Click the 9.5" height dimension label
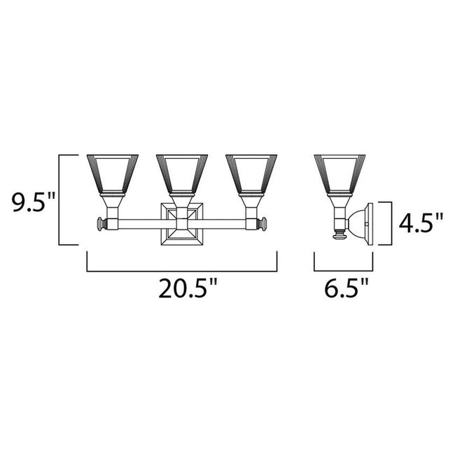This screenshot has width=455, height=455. pyautogui.click(x=29, y=204)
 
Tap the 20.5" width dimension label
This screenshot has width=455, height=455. pyautogui.click(x=183, y=289)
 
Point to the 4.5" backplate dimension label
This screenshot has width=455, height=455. pyautogui.click(x=420, y=224)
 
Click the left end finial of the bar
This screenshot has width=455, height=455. pyautogui.click(x=101, y=225)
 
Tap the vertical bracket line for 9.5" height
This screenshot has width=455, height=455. pyautogui.click(x=59, y=199)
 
